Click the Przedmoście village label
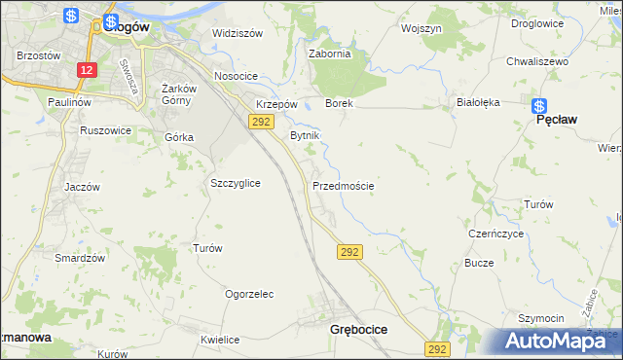click(344, 185)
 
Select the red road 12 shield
click(88, 71)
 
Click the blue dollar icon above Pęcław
click(541, 104)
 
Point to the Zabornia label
click(329, 54)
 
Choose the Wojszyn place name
click(421, 29)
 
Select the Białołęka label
click(478, 101)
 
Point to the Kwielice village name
click(220, 340)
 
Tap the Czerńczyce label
click(496, 234)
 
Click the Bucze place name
click(480, 264)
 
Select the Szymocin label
click(541, 318)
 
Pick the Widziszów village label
click(238, 33)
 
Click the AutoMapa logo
click(561, 341)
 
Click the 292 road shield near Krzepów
click(260, 122)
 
